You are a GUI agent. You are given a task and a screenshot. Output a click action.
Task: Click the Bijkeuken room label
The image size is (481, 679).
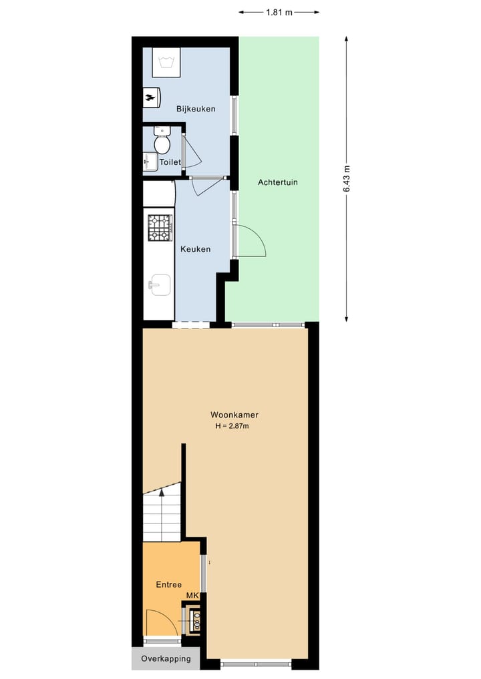click(196, 109)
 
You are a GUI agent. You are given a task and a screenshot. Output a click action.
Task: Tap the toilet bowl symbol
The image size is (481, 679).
click(162, 142)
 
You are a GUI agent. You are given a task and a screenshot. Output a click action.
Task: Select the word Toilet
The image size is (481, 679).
click(170, 162)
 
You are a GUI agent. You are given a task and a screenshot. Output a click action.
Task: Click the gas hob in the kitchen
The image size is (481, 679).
click(160, 228)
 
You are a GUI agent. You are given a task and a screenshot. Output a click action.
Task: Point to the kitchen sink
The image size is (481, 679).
click(160, 284)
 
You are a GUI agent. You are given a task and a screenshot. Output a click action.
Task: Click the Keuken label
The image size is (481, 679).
click(195, 249)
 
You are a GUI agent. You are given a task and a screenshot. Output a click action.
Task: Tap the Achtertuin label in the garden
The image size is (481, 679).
click(278, 182)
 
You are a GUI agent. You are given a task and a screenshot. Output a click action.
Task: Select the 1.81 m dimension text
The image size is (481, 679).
click(279, 12)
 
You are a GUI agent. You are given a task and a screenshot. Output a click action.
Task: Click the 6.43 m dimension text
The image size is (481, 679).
click(346, 179)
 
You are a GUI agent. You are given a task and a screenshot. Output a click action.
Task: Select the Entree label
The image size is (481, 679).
click(169, 584)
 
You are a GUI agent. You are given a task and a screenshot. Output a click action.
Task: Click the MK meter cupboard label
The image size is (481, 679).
click(192, 596)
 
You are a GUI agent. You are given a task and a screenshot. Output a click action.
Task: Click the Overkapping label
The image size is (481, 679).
click(165, 658)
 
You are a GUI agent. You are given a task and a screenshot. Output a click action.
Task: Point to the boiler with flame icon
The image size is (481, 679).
click(151, 97)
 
